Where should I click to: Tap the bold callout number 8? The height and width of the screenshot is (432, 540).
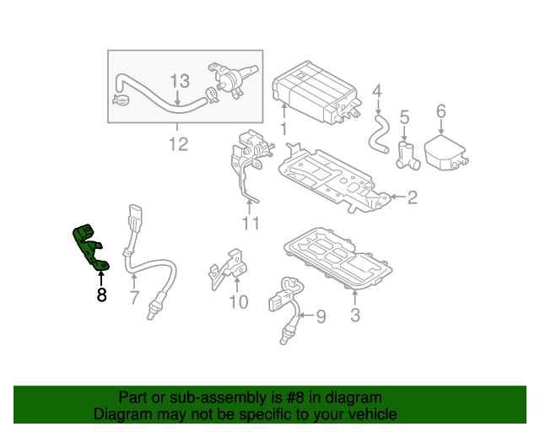point(101,295)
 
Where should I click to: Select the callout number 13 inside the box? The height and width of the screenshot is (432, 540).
point(180,81)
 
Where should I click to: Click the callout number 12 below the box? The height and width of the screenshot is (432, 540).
point(179,144)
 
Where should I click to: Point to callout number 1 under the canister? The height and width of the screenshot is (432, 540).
point(283,129)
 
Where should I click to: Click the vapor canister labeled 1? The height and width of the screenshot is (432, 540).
point(315,92)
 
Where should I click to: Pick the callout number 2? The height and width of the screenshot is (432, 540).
point(413,197)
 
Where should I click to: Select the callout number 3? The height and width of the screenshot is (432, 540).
point(355,316)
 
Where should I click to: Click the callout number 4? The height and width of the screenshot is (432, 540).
point(377,91)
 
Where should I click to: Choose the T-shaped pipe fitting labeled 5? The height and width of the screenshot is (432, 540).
point(408,156)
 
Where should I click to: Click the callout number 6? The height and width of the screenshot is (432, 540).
point(441,111)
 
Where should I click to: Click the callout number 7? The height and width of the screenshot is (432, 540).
point(134,298)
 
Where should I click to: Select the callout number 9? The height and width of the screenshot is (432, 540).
point(321,316)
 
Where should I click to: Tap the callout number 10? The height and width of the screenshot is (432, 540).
point(238,302)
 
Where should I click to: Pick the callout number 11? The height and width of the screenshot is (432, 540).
point(251,224)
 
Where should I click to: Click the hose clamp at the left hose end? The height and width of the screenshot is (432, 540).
point(121,100)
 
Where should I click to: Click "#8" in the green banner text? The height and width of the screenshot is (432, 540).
point(295,397)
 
